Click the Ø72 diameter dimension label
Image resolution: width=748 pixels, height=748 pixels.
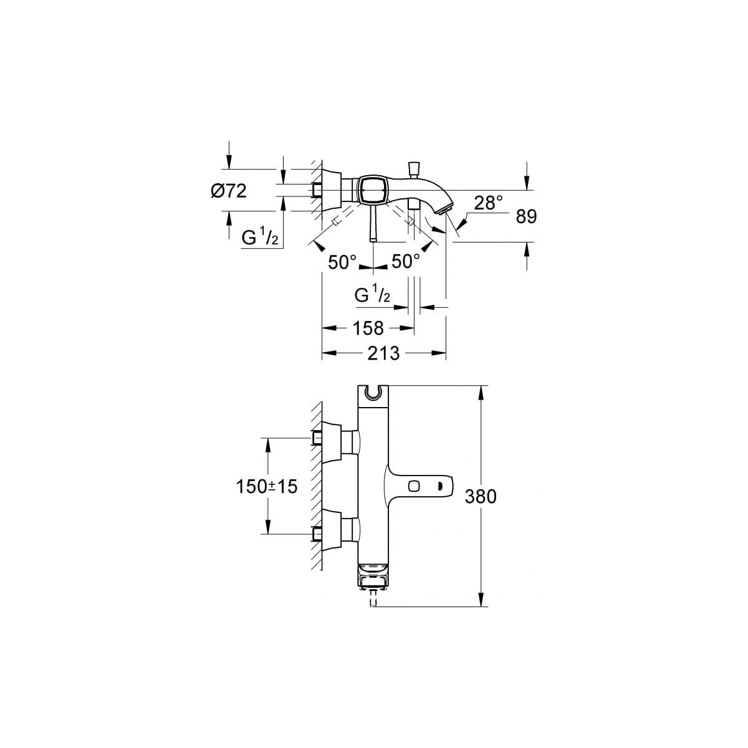coord(229,191)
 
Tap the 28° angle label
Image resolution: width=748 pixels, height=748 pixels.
coord(488,203)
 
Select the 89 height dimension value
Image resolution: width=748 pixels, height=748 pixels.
coord(526,217)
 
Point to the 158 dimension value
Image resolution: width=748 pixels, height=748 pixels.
coord(368,328)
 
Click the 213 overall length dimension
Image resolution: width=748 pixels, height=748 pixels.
coord(383,353)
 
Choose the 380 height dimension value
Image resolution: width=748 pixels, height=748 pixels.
coord(481,496)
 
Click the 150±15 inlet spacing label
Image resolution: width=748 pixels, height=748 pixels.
coord(267,486)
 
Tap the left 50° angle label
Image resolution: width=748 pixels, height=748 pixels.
coord(342,262)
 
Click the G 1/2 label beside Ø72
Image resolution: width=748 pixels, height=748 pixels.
coord(260,237)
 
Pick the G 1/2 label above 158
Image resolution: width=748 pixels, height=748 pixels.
coord(372,294)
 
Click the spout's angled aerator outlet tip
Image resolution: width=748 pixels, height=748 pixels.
coord(443,209)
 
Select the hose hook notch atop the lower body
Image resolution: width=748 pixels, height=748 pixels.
coord(373,393)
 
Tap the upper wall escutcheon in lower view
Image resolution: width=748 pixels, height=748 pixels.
coord(332,441)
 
